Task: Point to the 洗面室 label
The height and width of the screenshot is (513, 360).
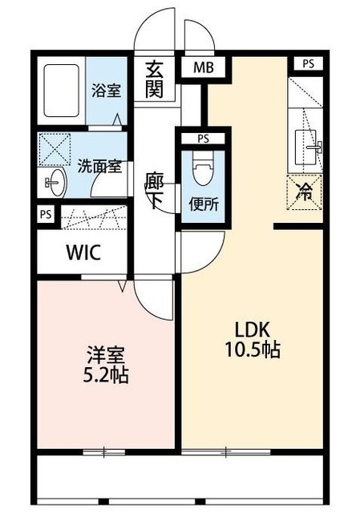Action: (99, 167)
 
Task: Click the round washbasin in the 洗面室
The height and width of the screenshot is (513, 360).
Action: (54, 181)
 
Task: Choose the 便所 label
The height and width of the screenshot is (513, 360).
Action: (203, 203)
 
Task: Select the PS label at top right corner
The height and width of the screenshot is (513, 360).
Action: (308, 63)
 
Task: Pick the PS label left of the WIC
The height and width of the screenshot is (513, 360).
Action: (46, 214)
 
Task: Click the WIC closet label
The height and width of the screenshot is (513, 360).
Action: (83, 253)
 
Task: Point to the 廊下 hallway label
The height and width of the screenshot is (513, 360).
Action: (155, 191)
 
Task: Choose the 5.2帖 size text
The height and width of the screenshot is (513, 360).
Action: (107, 374)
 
